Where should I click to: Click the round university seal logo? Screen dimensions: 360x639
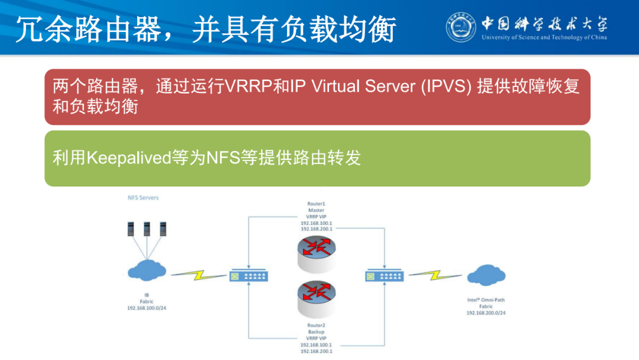(461, 27)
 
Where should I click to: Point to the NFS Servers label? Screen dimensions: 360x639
(143, 197)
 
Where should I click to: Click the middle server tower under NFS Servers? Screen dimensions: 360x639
(147, 229)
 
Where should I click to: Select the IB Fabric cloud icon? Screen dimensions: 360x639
(146, 269)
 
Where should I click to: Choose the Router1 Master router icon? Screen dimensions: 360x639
(316, 248)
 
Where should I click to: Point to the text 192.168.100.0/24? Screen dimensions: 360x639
(147, 308)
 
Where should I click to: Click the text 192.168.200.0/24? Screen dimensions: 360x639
(486, 313)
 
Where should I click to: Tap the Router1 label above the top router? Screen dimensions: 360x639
(316, 204)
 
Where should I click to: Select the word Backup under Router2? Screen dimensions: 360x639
(316, 332)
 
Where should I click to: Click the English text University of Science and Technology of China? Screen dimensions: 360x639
(544, 37)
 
